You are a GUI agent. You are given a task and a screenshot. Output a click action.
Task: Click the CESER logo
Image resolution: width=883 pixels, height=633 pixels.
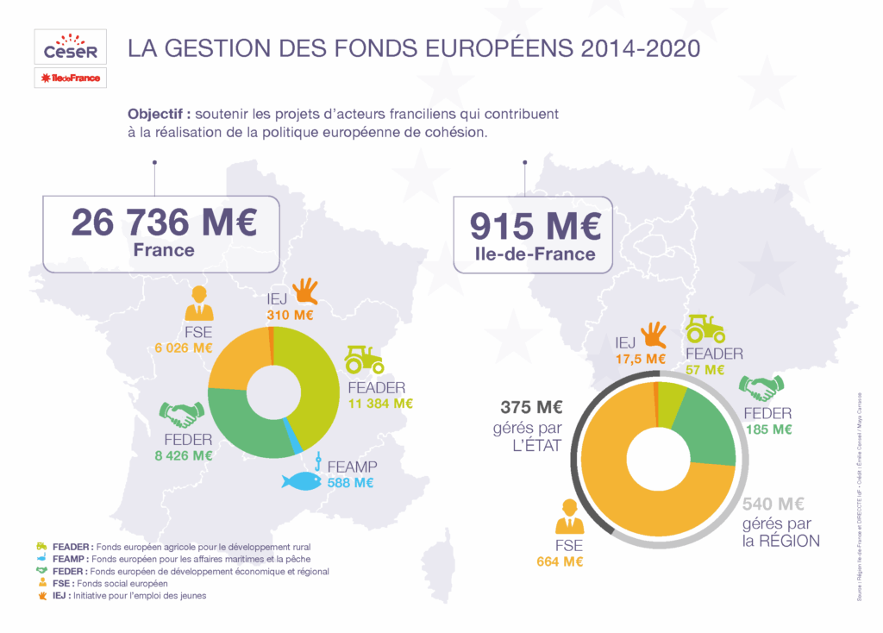[71, 47]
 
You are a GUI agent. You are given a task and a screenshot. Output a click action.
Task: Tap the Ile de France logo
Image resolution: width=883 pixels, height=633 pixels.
[71, 78]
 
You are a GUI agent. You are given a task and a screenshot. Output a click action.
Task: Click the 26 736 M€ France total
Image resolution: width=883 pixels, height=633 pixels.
[164, 223]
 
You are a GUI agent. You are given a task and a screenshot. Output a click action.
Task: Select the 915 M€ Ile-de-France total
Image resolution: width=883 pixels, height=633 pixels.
[535, 226]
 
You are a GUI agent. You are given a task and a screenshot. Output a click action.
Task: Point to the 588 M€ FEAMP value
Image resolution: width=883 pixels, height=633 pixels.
[351, 483]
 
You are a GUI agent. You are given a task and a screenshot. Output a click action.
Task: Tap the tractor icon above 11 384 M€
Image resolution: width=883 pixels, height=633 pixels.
[364, 359]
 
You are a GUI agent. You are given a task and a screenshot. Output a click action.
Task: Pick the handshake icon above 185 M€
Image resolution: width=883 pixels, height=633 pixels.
[762, 388]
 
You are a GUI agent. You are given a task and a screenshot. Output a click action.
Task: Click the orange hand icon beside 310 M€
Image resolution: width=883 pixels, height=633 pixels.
[305, 291]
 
